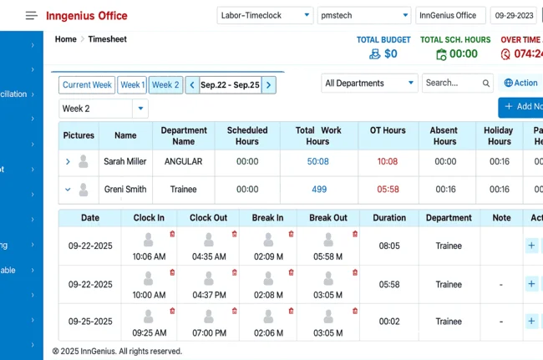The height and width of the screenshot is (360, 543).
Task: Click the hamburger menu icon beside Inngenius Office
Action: point(32,15)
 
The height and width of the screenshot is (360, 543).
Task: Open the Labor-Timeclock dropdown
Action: point(264,15)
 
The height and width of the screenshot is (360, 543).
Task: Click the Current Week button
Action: point(87,85)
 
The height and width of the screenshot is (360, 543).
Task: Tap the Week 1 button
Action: point(132,85)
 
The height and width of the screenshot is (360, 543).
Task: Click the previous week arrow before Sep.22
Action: point(192,85)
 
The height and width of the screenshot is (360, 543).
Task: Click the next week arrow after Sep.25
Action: point(268,85)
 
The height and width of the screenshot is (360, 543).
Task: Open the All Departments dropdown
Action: point(369,83)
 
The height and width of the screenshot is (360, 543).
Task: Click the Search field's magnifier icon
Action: point(486,83)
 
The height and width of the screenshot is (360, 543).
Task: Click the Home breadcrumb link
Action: point(65,39)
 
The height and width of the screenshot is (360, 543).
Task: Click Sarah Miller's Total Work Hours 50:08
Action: point(318,162)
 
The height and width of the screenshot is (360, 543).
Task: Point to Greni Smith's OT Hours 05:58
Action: point(388,190)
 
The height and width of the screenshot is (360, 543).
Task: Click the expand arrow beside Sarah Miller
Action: point(68,162)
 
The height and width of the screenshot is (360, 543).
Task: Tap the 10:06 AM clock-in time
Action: point(149,256)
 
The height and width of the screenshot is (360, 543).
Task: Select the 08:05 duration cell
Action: point(389,246)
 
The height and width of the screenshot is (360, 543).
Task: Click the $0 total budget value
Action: point(390,54)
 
